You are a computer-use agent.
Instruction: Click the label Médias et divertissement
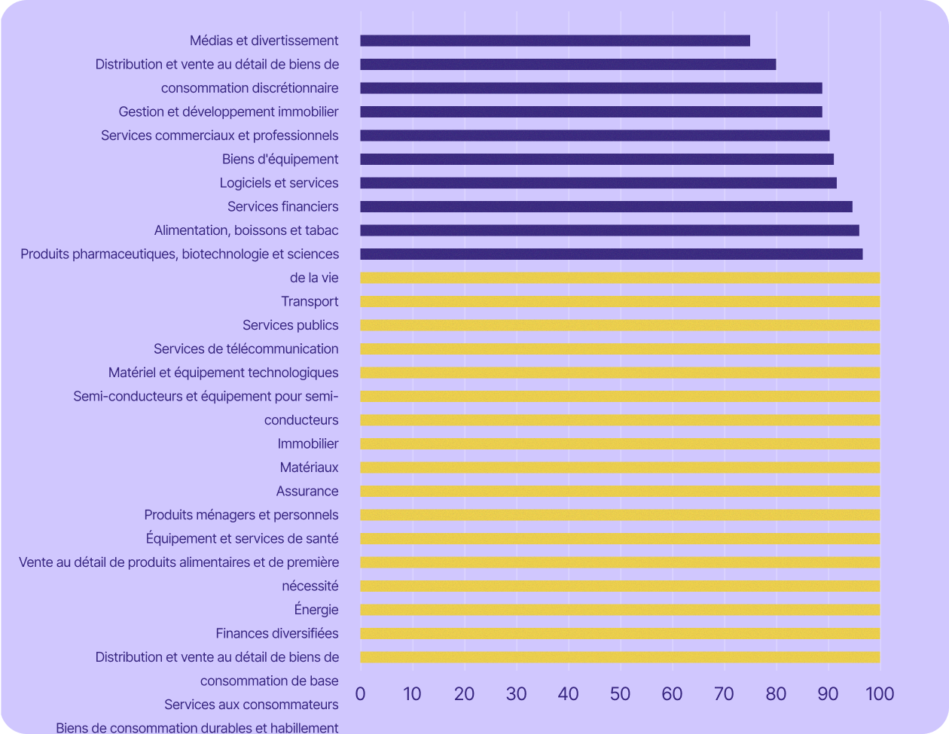(x=264, y=41)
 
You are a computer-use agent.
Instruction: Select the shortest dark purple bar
(x=554, y=41)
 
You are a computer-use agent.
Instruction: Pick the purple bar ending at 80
(x=568, y=65)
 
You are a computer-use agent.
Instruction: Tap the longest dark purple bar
(x=611, y=254)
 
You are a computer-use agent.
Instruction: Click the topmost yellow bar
(x=619, y=279)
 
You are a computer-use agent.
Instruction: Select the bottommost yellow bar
(x=619, y=657)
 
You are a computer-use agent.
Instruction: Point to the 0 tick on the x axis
(x=360, y=693)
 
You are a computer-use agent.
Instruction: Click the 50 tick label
(x=620, y=693)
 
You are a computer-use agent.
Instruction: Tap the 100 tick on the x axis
(x=879, y=693)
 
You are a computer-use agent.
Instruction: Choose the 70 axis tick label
(x=724, y=693)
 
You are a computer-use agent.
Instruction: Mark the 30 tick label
(x=516, y=693)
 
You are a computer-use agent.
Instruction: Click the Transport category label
(x=310, y=302)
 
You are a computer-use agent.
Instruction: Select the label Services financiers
(x=282, y=207)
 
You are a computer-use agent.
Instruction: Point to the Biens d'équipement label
(x=279, y=160)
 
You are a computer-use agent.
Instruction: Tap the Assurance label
(x=307, y=492)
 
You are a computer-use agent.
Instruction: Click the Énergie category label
(x=316, y=610)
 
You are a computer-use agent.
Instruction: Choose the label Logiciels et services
(x=279, y=183)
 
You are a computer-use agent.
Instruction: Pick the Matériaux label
(x=309, y=468)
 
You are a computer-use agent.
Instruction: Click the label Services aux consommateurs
(x=251, y=705)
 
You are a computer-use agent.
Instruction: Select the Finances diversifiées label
(x=276, y=634)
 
